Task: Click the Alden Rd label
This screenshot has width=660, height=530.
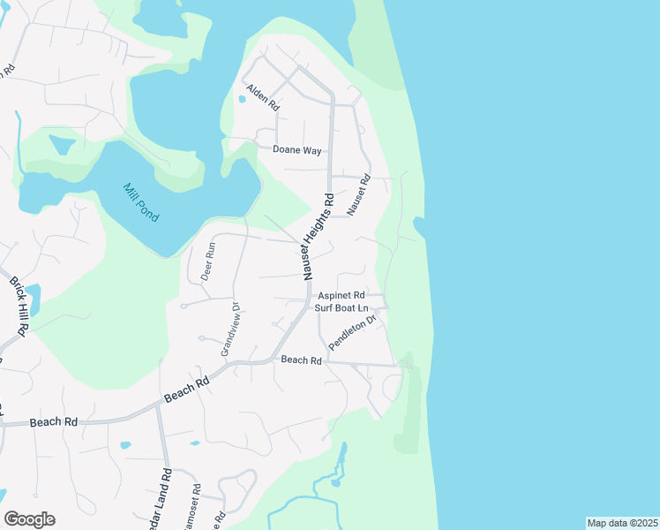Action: pyautogui.click(x=263, y=96)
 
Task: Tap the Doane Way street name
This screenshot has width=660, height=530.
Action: pyautogui.click(x=296, y=150)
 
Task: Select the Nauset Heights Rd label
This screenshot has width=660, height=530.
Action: pyautogui.click(x=319, y=236)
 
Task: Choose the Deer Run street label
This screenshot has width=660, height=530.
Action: pyautogui.click(x=208, y=261)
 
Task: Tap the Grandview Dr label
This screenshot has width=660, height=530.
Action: pyautogui.click(x=231, y=329)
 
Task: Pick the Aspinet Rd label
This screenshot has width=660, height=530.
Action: pyautogui.click(x=341, y=295)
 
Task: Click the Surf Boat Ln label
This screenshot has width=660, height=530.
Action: pyautogui.click(x=341, y=307)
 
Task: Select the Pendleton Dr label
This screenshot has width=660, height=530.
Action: pyautogui.click(x=352, y=331)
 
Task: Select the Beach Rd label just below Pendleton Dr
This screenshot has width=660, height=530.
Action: pyautogui.click(x=301, y=360)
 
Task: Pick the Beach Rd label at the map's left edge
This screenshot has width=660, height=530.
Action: pyautogui.click(x=53, y=422)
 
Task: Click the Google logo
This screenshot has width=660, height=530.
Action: pyautogui.click(x=29, y=519)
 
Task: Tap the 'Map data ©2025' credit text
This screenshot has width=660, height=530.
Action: pyautogui.click(x=623, y=523)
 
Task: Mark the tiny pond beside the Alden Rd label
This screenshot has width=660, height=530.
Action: pyautogui.click(x=242, y=98)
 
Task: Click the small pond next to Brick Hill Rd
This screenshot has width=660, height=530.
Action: pyautogui.click(x=34, y=296)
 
